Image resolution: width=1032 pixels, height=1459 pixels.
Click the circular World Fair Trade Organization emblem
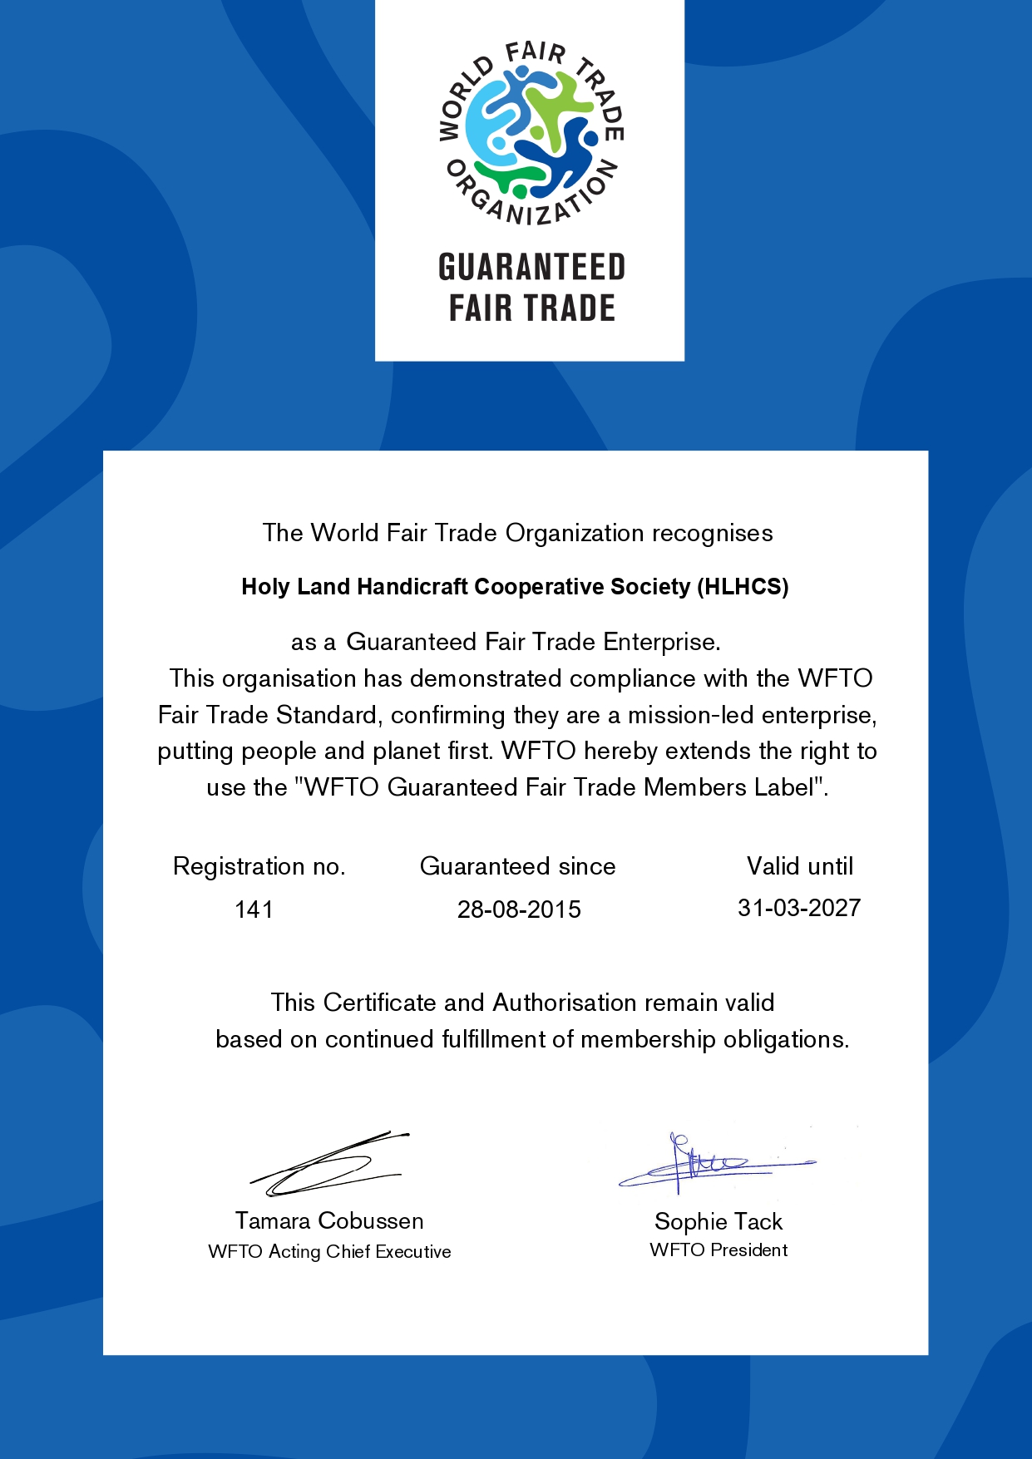[x=531, y=133]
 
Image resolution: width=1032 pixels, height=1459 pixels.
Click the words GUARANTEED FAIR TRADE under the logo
[x=531, y=288]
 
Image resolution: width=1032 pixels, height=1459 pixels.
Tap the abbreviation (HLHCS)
[x=743, y=587]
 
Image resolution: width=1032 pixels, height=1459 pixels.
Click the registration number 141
[x=254, y=909]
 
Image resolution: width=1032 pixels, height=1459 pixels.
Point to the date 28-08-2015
[x=519, y=909]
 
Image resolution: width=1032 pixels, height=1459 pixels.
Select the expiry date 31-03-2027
[x=798, y=908]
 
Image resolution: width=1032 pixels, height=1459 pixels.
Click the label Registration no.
[x=259, y=866]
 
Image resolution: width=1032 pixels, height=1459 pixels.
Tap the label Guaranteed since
[x=517, y=866]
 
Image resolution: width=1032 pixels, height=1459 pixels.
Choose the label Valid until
[x=799, y=866]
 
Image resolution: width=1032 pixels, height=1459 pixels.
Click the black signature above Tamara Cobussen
[x=328, y=1164]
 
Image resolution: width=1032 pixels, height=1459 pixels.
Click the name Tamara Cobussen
[x=329, y=1220]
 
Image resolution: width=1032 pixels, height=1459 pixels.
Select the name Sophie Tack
[x=718, y=1221]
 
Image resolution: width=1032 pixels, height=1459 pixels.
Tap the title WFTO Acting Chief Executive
[x=329, y=1251]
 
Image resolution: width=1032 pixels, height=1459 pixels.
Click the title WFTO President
[x=718, y=1250]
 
